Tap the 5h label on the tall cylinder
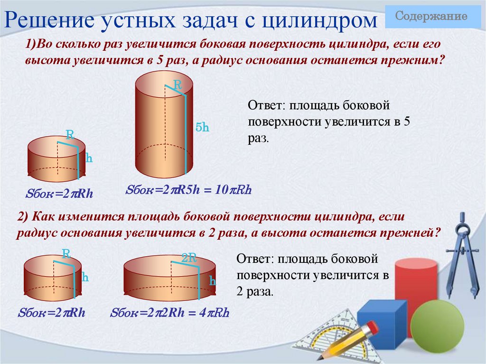coord(202,127)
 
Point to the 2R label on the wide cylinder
coord(189,258)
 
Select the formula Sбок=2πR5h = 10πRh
coord(188,189)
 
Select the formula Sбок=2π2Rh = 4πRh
coord(169,313)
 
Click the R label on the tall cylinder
coord(178,85)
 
